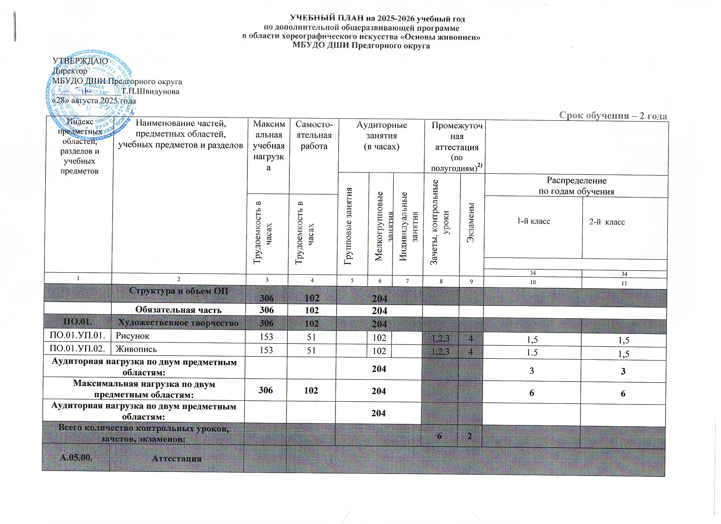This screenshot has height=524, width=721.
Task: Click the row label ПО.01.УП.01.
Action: (x=77, y=336)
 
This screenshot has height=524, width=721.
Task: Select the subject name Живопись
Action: (x=130, y=349)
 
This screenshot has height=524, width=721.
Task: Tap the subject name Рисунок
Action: (x=132, y=336)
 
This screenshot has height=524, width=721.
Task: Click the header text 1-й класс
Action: (x=533, y=221)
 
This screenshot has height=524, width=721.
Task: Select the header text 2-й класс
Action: (x=607, y=222)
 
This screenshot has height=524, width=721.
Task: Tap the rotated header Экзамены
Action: (x=471, y=222)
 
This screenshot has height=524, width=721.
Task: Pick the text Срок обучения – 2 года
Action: (x=613, y=115)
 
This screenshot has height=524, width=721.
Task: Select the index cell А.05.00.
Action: (x=76, y=458)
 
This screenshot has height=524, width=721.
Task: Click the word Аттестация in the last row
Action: (x=177, y=458)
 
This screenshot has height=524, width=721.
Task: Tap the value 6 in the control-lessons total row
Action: (x=439, y=436)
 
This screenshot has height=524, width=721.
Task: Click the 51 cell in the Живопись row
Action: (x=312, y=350)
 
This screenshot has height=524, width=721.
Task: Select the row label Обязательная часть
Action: (x=178, y=310)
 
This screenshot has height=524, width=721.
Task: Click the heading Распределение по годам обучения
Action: (x=576, y=186)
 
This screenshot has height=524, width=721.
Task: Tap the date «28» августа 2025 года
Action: (x=93, y=101)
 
